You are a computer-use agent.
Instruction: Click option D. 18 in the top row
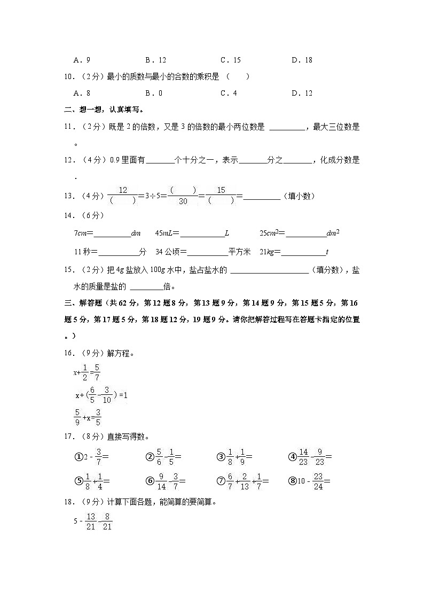pos(302,60)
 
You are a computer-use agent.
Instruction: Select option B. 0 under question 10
pos(154,93)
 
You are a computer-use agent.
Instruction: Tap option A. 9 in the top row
pos(82,60)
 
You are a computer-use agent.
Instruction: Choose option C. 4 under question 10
pos(229,93)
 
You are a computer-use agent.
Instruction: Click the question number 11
pos(68,127)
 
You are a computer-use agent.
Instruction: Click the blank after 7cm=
pos(112,233)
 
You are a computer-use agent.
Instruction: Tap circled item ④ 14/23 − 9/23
pos(310,457)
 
